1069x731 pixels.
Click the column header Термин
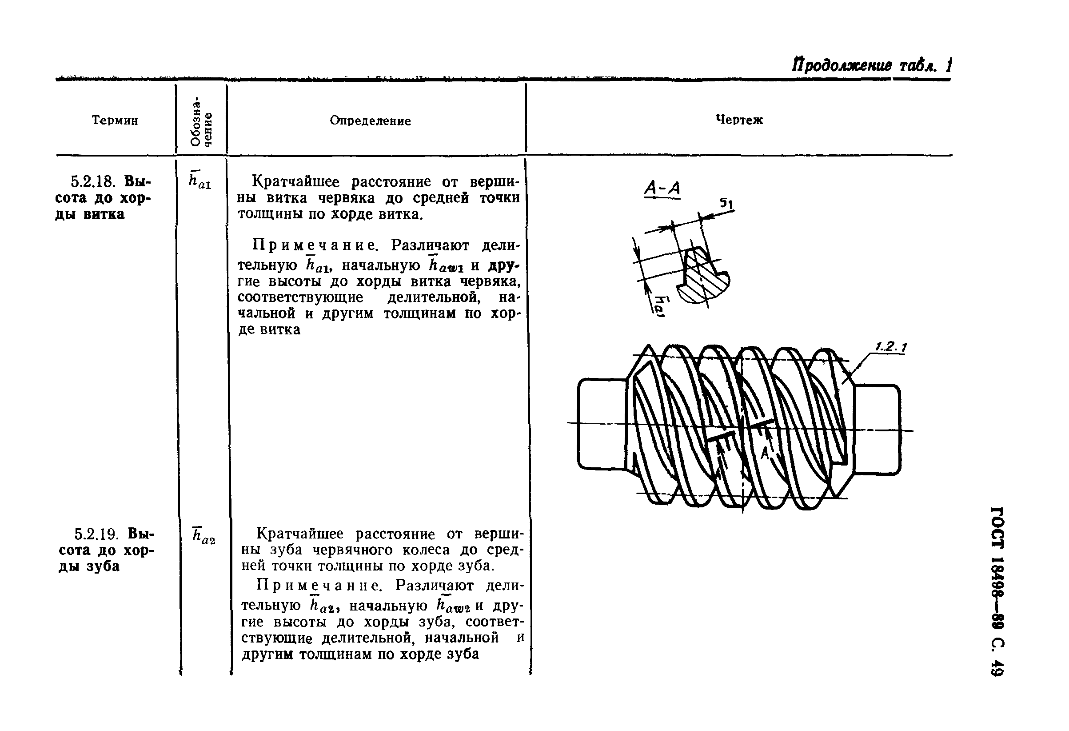click(x=115, y=120)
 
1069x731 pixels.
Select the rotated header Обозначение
click(x=201, y=121)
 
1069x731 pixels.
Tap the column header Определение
click(x=370, y=120)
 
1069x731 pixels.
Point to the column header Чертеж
click(x=739, y=120)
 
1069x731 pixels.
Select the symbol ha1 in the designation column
click(x=199, y=180)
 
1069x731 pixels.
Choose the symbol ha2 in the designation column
click(x=204, y=535)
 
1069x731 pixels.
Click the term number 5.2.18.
click(x=95, y=181)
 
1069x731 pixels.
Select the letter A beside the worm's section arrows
click(x=764, y=454)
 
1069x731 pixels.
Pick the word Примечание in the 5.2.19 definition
click(x=319, y=585)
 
